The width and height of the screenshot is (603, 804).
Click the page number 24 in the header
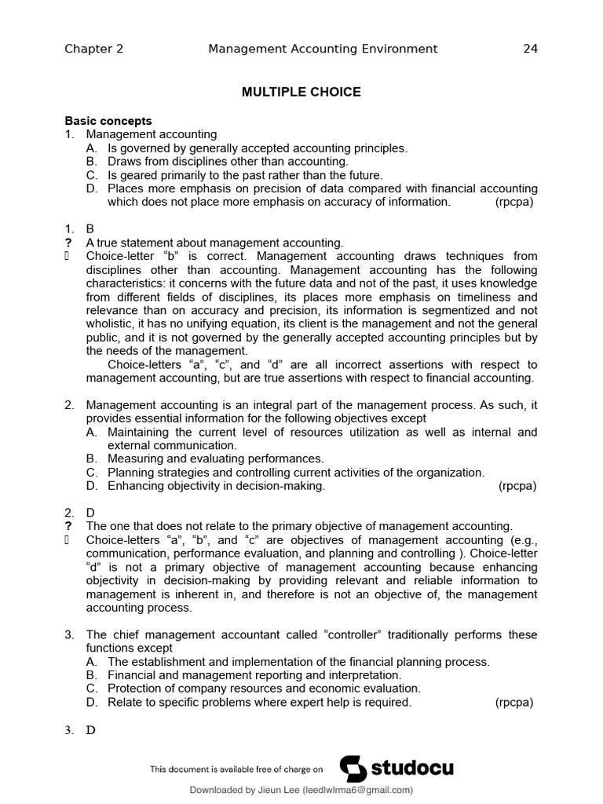pos(530,49)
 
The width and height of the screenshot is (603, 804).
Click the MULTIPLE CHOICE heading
pos(301,92)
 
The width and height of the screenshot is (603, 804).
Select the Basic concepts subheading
pos(108,121)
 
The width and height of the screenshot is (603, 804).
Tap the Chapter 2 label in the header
pos(93,49)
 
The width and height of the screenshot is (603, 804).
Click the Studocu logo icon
pos(353,769)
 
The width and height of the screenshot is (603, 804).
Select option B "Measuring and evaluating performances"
pos(215,459)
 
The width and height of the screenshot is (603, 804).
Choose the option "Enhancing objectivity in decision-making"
pos(216,486)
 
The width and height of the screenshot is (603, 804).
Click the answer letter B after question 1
pos(90,228)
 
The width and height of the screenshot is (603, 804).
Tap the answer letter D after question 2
pos(90,512)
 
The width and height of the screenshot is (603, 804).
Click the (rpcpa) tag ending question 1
pos(514,202)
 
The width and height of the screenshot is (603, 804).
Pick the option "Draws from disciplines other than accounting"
pos(228,162)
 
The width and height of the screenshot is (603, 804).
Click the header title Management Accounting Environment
pos(323,49)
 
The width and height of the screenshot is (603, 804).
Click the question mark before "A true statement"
pos(68,243)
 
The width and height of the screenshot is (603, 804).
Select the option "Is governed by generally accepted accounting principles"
pos(258,148)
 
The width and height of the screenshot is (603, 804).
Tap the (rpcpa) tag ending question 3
pos(514,702)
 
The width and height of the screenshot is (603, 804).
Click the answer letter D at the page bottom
pos(90,730)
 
